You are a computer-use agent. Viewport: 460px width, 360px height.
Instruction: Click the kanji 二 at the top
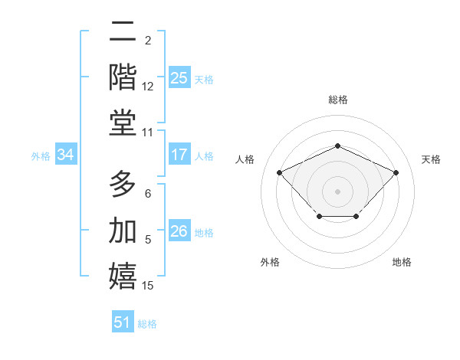[x=123, y=31]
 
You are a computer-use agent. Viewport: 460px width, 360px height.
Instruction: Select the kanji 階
[x=123, y=77]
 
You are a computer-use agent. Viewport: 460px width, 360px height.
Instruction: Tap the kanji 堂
[x=123, y=123]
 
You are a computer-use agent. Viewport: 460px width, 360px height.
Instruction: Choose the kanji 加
[x=123, y=231]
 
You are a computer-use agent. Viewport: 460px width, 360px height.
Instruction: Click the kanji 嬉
[x=123, y=277]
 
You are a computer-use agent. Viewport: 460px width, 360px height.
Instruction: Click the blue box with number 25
[x=179, y=77]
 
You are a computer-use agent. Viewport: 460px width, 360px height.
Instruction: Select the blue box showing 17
[x=179, y=155]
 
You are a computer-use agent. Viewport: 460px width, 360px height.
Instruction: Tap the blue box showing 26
[x=179, y=231]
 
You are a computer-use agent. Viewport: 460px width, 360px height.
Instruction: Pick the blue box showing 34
[x=66, y=155]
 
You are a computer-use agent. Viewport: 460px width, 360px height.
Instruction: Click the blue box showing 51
[x=123, y=322]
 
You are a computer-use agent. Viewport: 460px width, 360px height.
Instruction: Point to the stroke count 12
[x=148, y=87]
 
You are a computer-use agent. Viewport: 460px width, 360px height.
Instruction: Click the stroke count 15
[x=148, y=286]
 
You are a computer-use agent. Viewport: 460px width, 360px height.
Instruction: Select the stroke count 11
[x=148, y=133]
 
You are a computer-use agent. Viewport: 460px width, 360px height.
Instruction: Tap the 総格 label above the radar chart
[x=338, y=100]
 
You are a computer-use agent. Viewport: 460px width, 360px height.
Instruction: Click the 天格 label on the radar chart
[x=432, y=159]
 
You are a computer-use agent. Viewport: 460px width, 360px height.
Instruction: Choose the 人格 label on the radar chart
[x=245, y=159]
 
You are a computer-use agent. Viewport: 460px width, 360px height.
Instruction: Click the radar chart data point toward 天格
[x=396, y=172]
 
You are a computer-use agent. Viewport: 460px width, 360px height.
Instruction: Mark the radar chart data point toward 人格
[x=280, y=172]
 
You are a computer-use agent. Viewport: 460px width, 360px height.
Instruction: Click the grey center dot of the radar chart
[x=338, y=191]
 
